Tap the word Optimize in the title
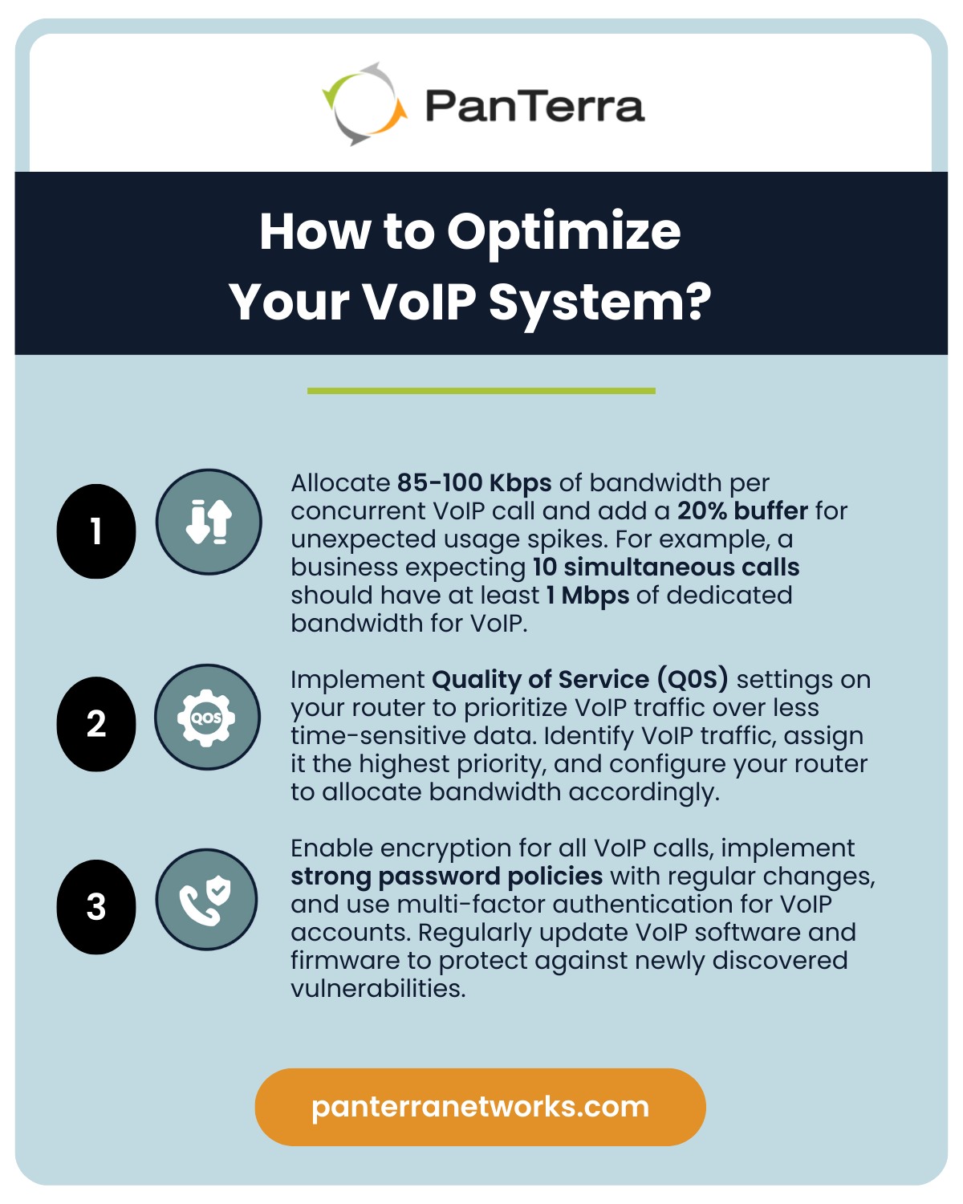click(x=563, y=232)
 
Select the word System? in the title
click(x=599, y=303)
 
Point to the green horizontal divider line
click(x=481, y=391)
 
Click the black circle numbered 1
click(x=96, y=531)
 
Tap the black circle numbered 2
click(x=96, y=724)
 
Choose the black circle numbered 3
click(x=96, y=907)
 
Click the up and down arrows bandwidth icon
click(x=209, y=522)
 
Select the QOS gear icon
click(x=207, y=717)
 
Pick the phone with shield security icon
click(x=206, y=900)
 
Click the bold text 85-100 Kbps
click(x=474, y=483)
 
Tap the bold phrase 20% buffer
click(x=742, y=511)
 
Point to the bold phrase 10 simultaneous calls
click(x=666, y=567)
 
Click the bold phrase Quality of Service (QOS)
click(x=579, y=680)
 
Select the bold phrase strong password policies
click(x=446, y=877)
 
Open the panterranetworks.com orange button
click(x=480, y=1107)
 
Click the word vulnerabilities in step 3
click(x=377, y=989)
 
